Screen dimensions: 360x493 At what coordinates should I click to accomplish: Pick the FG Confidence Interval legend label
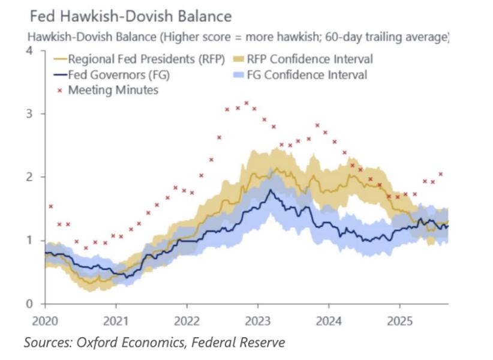[308, 75]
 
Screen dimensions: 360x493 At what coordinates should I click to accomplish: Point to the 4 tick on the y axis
[28, 50]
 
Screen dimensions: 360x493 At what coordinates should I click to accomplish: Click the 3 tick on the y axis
[28, 114]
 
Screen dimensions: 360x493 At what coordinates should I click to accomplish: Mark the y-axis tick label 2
[28, 177]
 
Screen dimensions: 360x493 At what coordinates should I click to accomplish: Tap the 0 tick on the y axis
[28, 304]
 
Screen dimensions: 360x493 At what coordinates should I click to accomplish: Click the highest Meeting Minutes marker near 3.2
[246, 103]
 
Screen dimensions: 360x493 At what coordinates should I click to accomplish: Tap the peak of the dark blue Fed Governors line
[271, 190]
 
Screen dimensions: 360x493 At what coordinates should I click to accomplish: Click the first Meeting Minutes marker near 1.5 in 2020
[51, 206]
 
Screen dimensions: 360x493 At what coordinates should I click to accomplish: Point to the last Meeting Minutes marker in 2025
[441, 174]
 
